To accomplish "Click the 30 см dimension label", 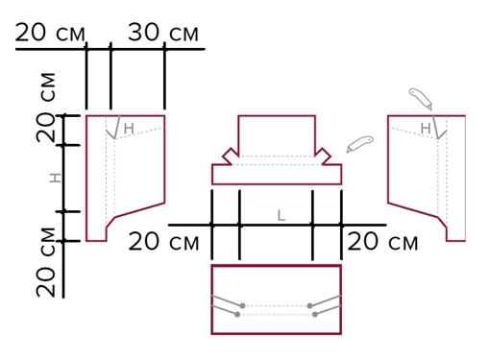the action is pos(163,33).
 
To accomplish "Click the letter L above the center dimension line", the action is pos(281,216).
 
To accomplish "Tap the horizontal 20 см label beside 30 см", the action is pos(50,33).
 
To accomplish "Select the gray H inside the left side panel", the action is pos(129,129).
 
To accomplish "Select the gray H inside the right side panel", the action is pos(426,129).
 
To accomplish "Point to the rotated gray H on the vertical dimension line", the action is pos(55,178).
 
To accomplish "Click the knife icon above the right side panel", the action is pos(421,99).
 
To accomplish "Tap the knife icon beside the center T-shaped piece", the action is pos(359,144).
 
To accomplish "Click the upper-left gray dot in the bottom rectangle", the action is pos(242,306).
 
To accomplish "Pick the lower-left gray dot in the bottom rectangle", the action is pos(237,315).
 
